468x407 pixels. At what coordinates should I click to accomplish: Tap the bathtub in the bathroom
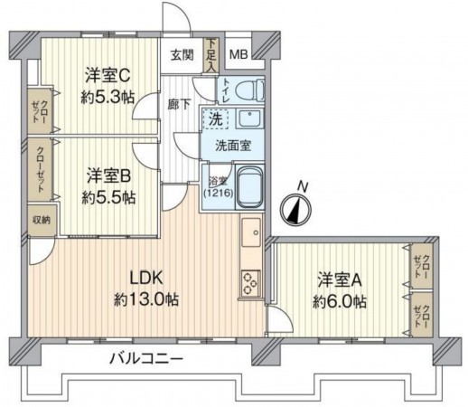[x=249, y=187]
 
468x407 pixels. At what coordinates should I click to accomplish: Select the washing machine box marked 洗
[x=216, y=119]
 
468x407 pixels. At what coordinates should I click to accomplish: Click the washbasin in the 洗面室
[x=249, y=118]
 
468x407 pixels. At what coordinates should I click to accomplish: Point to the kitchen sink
[x=251, y=232]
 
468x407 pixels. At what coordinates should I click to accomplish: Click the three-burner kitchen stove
[x=250, y=283]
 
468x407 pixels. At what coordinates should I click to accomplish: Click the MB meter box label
[x=239, y=54]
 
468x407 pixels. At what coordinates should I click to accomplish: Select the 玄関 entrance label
[x=183, y=55]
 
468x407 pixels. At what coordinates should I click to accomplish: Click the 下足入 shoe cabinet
[x=211, y=55]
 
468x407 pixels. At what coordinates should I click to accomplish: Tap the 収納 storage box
[x=42, y=221]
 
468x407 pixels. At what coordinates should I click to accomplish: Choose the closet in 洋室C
[x=40, y=111]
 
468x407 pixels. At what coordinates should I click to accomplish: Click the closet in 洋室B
[x=40, y=170]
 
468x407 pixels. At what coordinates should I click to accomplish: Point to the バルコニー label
[x=146, y=359]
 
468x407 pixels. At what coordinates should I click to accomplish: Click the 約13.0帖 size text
[x=146, y=299]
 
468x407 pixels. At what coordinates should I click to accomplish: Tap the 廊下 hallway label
[x=179, y=104]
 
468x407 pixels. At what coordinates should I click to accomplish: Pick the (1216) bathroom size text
[x=219, y=193]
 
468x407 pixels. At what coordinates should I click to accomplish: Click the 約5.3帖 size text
[x=108, y=97]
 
